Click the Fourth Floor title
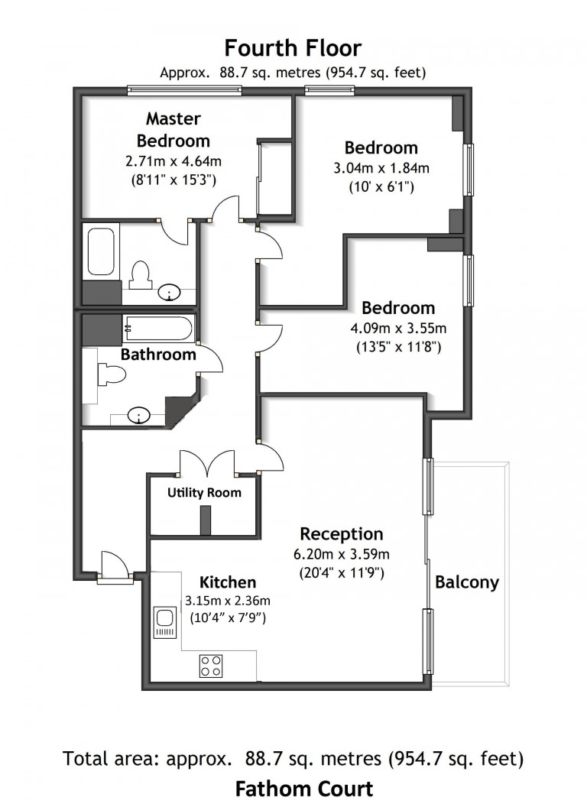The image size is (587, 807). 293,49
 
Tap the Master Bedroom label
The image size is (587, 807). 174,129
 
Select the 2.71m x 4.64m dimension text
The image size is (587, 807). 174,161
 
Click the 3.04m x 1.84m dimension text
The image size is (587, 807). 381,168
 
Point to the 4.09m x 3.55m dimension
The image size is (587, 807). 398,329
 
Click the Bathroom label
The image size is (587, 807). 158,355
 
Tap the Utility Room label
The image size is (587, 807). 204,493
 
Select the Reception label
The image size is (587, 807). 341,533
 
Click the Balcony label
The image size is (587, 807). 466,582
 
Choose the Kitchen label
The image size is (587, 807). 228,582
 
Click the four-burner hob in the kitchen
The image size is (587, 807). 211,666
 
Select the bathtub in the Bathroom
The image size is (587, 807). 158,329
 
